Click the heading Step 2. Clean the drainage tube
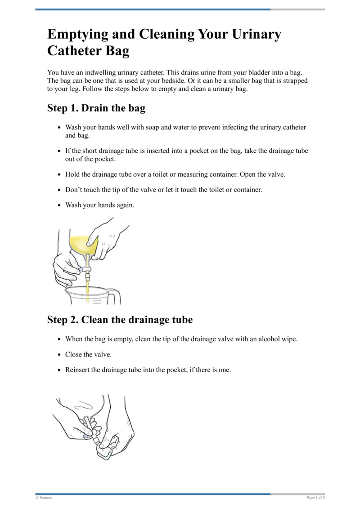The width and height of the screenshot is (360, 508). [x=120, y=320]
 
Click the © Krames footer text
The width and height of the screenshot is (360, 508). [x=44, y=498]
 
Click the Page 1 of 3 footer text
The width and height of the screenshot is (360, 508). [x=315, y=498]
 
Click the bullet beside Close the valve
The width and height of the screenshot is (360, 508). [x=59, y=355]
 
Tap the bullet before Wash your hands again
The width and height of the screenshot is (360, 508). [x=59, y=205]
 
